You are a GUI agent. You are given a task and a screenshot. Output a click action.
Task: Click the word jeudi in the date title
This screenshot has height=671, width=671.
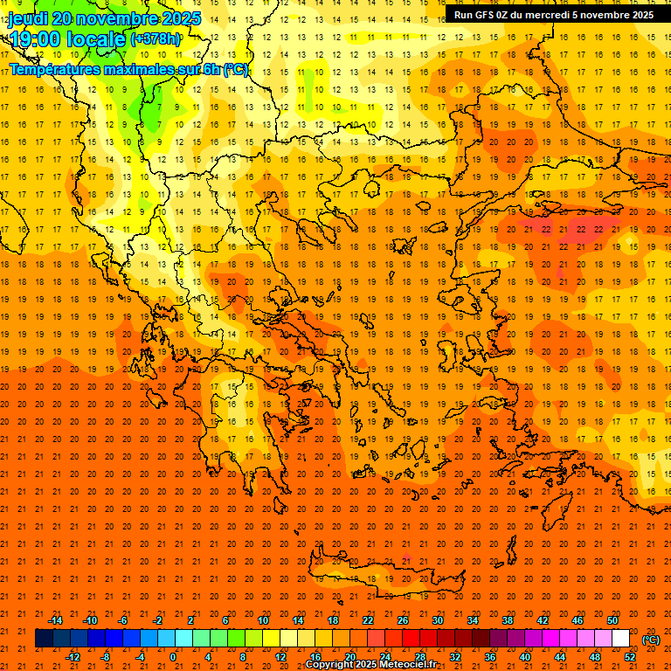(28, 18)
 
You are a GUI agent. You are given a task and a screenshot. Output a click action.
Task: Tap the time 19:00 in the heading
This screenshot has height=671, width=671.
(34, 39)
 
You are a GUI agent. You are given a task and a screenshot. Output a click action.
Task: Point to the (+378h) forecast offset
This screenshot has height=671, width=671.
(156, 39)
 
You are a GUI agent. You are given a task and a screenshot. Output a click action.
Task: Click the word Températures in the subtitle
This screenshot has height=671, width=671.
(58, 69)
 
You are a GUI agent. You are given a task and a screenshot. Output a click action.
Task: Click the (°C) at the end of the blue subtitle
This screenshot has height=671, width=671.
(236, 69)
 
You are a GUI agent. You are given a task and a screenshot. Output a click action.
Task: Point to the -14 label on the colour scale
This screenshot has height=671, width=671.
(55, 620)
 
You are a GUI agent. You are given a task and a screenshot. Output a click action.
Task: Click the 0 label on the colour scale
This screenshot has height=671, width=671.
(173, 657)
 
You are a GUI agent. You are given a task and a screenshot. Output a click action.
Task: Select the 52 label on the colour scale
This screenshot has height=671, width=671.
(630, 657)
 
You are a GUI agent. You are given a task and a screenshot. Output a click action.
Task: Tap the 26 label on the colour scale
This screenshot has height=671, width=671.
(403, 620)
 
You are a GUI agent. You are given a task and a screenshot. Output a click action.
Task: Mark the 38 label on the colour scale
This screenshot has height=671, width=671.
(508, 620)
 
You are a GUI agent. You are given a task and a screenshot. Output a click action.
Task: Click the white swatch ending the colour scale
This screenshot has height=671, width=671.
(621, 639)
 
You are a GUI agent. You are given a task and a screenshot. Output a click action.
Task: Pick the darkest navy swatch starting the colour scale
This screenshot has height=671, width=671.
(44, 639)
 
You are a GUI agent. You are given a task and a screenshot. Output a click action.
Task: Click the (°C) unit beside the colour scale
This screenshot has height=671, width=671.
(651, 639)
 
